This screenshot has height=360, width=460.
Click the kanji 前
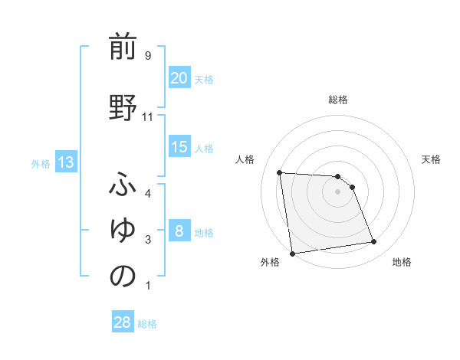[123, 47]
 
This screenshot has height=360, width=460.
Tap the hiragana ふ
[123, 185]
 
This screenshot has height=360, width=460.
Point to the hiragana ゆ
[123, 231]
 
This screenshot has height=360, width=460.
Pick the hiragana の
[123, 277]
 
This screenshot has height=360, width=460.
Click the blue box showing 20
[179, 78]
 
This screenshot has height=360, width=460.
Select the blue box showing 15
[179, 147]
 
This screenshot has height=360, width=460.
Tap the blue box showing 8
[179, 231]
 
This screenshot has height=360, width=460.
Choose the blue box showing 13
[65, 162]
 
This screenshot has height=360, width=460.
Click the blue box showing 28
[123, 322]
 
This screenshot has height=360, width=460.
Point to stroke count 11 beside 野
[148, 117]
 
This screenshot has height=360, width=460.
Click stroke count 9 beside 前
[148, 56]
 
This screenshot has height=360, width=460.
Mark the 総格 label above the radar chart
[338, 100]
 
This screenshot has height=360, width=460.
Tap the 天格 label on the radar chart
[431, 159]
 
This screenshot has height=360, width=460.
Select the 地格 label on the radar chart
[402, 262]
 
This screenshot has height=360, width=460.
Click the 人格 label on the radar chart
[245, 159]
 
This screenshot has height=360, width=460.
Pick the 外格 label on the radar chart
[269, 262]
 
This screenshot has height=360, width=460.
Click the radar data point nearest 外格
[292, 253]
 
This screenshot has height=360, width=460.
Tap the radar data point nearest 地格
[374, 242]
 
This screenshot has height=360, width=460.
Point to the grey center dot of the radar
[338, 191]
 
